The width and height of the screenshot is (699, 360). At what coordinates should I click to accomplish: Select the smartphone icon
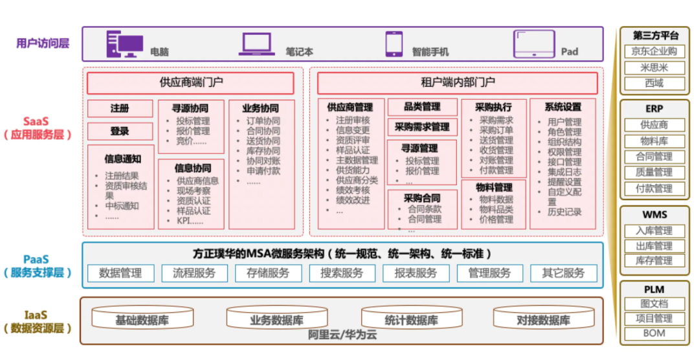point(394,43)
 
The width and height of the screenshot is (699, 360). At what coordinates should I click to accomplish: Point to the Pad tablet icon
point(534,43)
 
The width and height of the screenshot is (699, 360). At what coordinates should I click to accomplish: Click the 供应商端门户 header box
point(190,83)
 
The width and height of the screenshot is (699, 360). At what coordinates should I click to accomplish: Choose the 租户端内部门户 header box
point(457,83)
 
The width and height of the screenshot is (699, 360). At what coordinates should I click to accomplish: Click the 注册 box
point(120,108)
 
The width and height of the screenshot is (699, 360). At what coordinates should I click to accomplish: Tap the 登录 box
point(120,131)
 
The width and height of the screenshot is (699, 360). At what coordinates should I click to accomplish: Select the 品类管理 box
point(421,107)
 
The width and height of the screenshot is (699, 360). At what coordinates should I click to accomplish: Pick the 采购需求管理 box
point(421,127)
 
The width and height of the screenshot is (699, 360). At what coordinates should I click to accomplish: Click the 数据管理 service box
point(120,273)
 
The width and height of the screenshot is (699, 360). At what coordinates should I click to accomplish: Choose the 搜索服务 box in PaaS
point(342,273)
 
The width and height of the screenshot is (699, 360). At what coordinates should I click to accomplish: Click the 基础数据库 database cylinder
point(143,319)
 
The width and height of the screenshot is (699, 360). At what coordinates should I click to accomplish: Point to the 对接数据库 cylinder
point(543,319)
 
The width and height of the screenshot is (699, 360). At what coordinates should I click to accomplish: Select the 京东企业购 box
point(654,52)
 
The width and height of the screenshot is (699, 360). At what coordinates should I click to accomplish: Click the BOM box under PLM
point(654,334)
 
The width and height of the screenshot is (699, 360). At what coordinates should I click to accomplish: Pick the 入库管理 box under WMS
point(654,231)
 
